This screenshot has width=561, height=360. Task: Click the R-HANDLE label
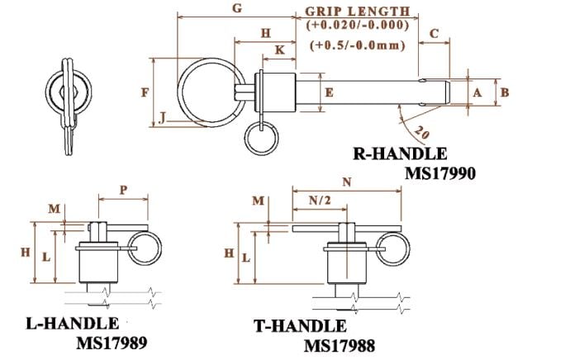[x=400, y=154]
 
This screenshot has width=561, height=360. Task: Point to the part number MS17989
[x=112, y=342]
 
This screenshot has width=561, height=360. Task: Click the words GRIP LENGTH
[x=358, y=12]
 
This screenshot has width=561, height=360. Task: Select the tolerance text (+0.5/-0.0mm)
[x=358, y=46]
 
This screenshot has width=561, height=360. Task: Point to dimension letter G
[x=238, y=9]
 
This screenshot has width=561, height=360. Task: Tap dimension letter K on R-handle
[x=279, y=50]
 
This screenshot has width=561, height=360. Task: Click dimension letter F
[x=145, y=92]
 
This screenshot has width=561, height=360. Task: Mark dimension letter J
[x=163, y=119]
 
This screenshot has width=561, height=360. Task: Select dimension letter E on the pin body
[x=328, y=92]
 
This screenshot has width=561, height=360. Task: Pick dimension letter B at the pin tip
[x=506, y=93]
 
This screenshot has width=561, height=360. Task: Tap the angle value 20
[x=422, y=133]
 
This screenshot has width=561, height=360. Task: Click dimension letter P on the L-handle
[x=123, y=188]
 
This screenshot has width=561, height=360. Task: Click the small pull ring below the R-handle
[x=260, y=138]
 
